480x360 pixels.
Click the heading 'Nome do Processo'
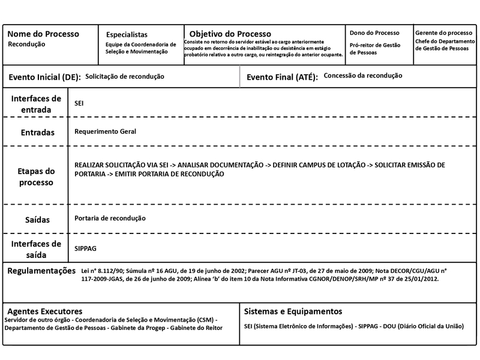[43, 34]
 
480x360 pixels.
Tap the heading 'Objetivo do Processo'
[230, 34]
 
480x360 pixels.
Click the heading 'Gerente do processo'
[443, 32]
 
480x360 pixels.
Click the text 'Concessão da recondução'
[362, 76]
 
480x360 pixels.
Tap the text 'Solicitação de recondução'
[125, 77]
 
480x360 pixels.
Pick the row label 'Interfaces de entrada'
[36, 104]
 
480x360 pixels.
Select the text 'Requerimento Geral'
[106, 131]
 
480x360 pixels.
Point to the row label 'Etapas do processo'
[36, 176]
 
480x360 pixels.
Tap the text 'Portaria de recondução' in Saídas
[110, 218]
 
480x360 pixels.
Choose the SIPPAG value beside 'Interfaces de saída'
[85, 248]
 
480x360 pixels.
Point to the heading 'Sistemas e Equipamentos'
[293, 311]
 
